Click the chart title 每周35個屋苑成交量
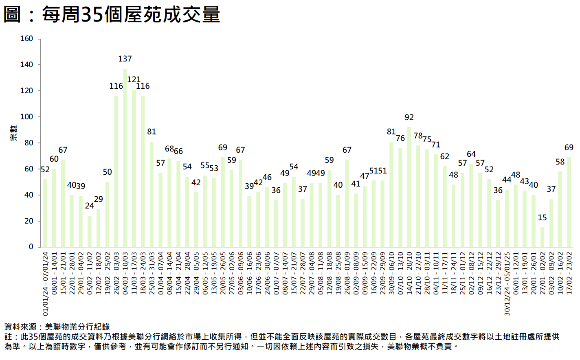[112, 15]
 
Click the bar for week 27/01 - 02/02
[542, 237]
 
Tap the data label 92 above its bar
[409, 117]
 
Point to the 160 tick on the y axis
[26, 39]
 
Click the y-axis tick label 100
[26, 117]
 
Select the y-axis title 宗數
[14, 133]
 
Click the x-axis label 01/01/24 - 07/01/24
[45, 283]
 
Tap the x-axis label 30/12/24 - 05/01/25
[507, 283]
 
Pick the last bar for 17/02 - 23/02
[569, 202]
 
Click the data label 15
[542, 217]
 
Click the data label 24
[90, 206]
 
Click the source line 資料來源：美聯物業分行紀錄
[57, 327]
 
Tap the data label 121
[134, 79]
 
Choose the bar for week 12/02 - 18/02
[98, 228]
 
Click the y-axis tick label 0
[31, 247]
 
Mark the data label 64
[471, 154]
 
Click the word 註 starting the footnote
[8, 337]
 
